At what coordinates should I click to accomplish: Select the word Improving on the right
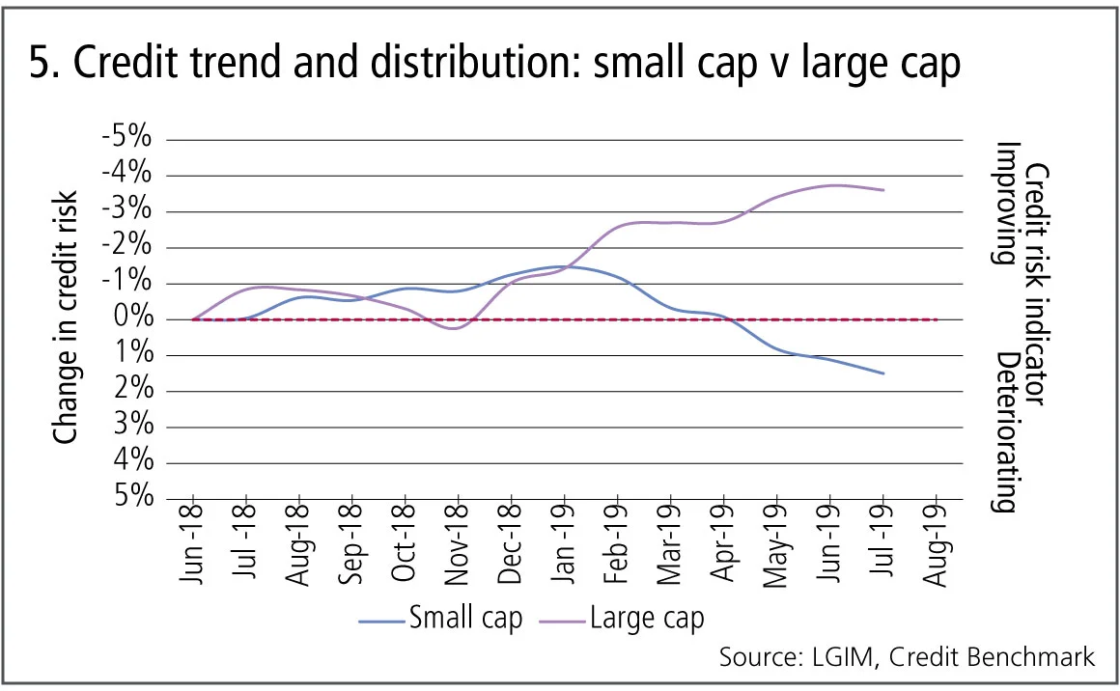click(1008, 204)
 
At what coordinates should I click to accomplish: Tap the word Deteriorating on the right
click(1008, 431)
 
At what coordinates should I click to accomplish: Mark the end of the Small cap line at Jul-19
click(882, 373)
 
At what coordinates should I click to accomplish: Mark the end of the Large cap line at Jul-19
click(882, 189)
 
